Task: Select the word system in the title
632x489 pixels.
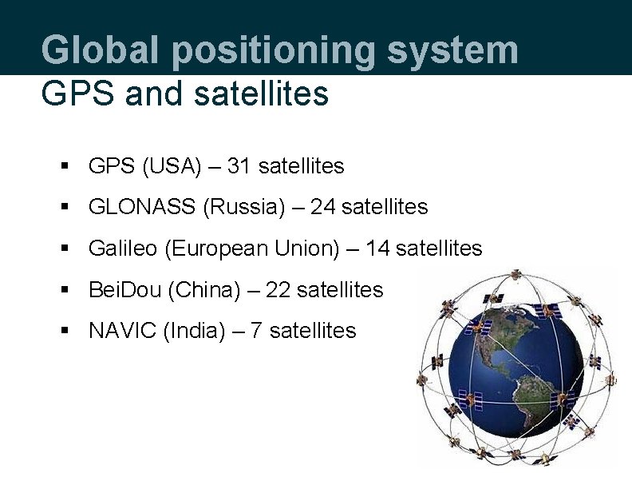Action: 453,50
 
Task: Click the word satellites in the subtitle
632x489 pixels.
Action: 261,93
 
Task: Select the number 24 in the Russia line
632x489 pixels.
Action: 322,207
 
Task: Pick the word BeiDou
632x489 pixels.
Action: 125,289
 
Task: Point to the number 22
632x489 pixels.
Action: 278,289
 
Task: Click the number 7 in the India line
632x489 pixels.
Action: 256,331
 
